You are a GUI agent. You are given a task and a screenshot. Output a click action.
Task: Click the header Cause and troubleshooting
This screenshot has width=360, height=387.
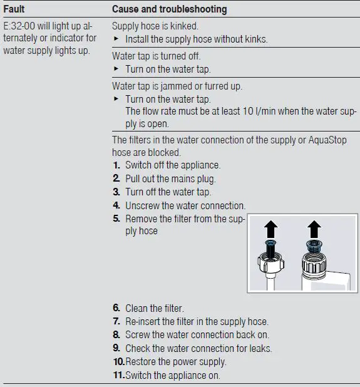pyautogui.click(x=169, y=9)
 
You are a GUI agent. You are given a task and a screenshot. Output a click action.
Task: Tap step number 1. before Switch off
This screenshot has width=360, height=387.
pyautogui.click(x=116, y=165)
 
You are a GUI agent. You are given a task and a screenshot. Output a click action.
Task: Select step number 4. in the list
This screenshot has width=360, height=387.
pyautogui.click(x=116, y=205)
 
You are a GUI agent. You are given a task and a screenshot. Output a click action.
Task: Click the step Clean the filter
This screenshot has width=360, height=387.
pyautogui.click(x=155, y=308)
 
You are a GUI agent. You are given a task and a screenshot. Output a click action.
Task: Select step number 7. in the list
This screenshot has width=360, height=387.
pyautogui.click(x=116, y=322)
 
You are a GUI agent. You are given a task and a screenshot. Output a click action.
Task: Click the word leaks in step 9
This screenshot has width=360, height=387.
pyautogui.click(x=260, y=348)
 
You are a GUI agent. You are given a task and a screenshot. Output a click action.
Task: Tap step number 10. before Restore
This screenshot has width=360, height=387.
pyautogui.click(x=118, y=362)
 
